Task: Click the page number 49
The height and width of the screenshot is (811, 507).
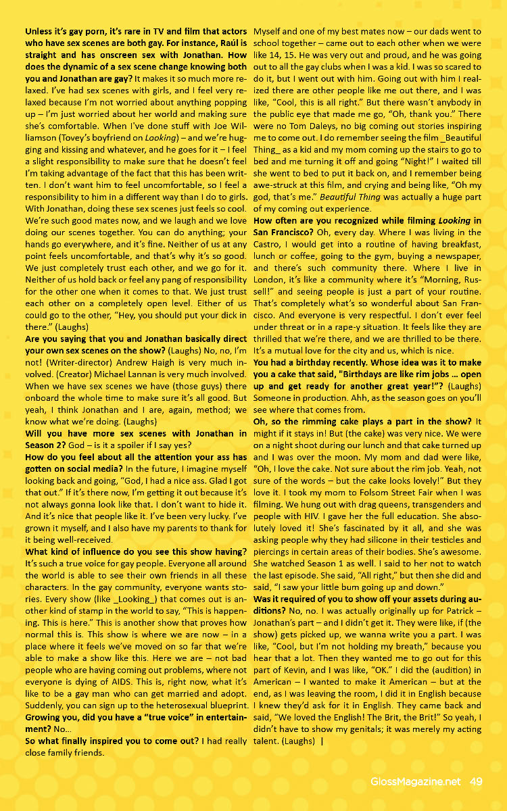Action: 475,781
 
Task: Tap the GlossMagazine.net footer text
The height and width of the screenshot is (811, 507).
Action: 416,781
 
